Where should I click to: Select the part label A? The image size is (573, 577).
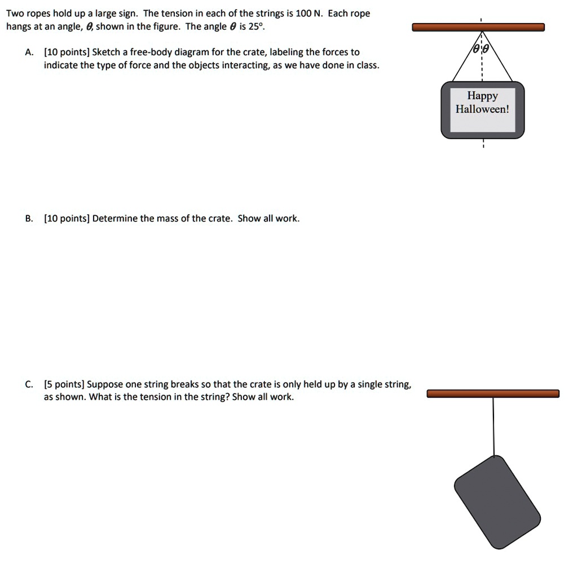[28, 52]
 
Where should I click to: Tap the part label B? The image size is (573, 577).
[28, 219]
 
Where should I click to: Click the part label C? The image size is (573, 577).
[28, 385]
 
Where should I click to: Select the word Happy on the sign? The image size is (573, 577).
[482, 96]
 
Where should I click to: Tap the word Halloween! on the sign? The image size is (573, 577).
[482, 109]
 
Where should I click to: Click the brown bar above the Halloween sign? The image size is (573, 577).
[478, 27]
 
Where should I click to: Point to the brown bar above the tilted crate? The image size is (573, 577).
[493, 393]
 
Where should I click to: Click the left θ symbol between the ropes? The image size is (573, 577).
[476, 50]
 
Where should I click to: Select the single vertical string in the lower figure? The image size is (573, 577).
[493, 425]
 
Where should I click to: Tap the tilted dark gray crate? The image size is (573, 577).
[497, 502]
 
